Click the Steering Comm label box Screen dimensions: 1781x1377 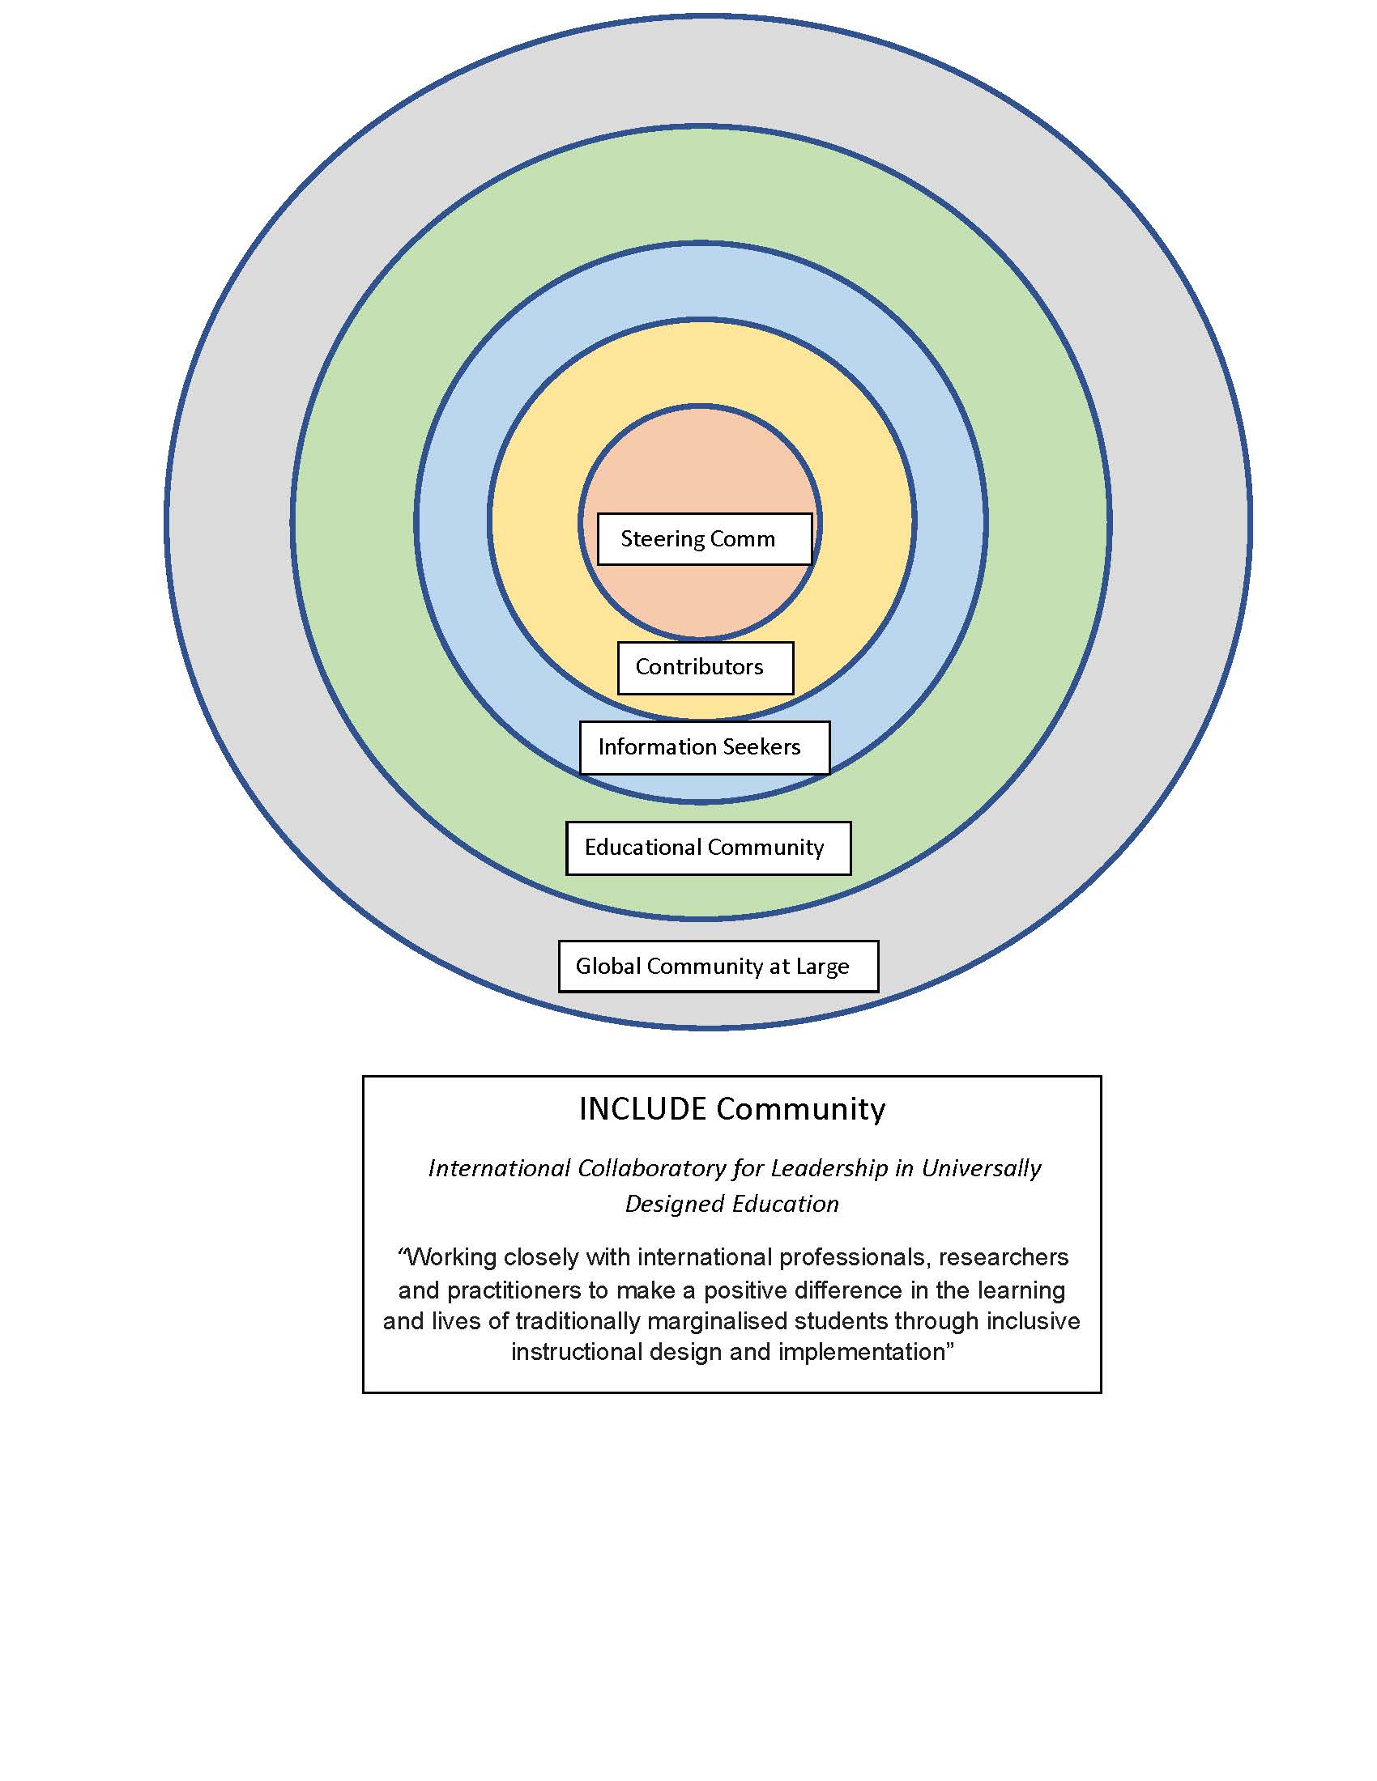click(704, 539)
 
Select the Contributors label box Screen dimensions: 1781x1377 click(705, 668)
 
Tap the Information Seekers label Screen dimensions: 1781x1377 click(704, 747)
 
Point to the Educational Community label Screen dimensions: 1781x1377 click(707, 848)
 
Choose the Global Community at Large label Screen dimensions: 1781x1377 click(718, 967)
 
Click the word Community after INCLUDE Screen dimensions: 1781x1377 click(800, 1109)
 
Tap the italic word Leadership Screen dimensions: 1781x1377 click(829, 1168)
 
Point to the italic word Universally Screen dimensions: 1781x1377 click(982, 1168)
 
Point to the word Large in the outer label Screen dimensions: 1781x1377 click(822, 967)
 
